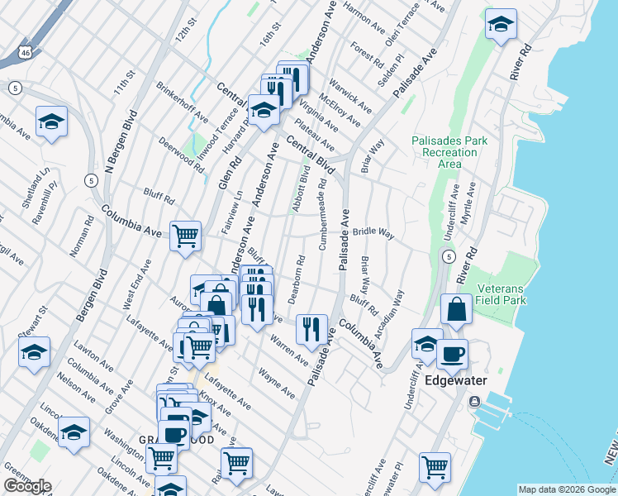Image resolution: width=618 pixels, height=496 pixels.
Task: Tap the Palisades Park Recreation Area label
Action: point(449,152)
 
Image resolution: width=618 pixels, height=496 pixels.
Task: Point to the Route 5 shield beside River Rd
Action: point(447,257)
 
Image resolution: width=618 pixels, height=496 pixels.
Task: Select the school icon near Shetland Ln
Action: point(51,122)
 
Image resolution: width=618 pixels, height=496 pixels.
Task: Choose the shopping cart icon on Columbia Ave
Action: point(186,236)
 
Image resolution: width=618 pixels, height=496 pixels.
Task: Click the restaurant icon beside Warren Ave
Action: point(311,329)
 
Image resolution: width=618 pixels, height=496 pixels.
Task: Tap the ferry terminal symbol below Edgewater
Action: point(474,402)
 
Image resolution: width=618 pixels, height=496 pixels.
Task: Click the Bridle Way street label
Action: point(373,233)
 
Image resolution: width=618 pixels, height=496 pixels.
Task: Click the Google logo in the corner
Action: point(26,486)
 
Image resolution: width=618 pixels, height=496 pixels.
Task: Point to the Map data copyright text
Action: point(567,489)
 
